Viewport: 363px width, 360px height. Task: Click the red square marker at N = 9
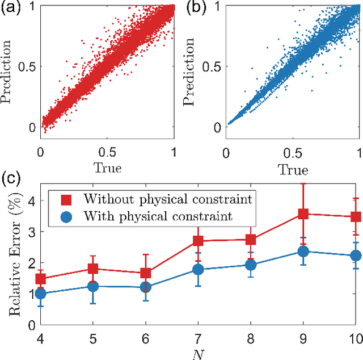click(303, 214)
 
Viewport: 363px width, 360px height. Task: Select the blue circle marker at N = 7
click(198, 269)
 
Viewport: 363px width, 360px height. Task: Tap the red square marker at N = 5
click(93, 269)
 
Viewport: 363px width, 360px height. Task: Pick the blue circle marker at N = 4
click(41, 294)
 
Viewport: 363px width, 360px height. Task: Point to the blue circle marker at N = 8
click(251, 265)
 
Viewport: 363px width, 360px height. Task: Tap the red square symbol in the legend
click(67, 199)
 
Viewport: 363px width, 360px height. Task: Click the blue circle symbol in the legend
click(67, 216)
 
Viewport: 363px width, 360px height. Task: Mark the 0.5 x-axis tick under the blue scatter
click(293, 153)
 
